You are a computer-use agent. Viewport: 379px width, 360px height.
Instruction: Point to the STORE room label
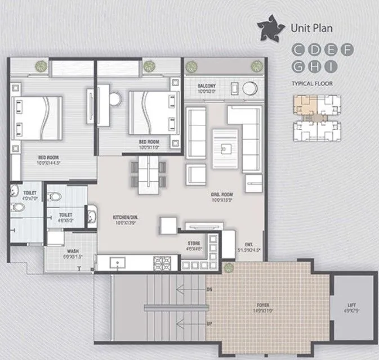click(x=194, y=244)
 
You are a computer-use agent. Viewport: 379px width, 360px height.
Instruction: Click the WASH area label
click(x=72, y=251)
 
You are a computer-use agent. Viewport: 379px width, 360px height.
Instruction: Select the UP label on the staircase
click(x=210, y=325)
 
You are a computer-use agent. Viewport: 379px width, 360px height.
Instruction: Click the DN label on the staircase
click(x=210, y=290)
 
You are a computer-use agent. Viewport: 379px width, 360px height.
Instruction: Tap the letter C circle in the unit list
click(x=297, y=50)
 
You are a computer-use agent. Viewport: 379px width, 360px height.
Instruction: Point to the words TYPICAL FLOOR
click(x=312, y=83)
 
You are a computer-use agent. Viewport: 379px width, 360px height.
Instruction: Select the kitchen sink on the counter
click(x=119, y=262)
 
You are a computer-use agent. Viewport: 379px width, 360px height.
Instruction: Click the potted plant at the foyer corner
click(x=228, y=267)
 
